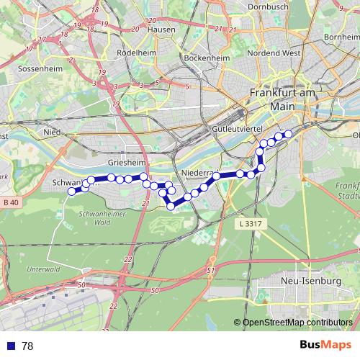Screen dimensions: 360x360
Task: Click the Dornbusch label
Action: (x=268, y=6)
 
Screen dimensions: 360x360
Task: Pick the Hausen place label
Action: (x=161, y=30)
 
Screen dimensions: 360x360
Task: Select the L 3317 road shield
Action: (x=248, y=225)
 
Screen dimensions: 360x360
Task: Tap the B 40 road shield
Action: (x=10, y=204)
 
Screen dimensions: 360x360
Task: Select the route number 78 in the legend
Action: (x=27, y=346)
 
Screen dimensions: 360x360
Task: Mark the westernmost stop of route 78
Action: (x=71, y=192)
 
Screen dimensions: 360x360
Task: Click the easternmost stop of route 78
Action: (x=288, y=133)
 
